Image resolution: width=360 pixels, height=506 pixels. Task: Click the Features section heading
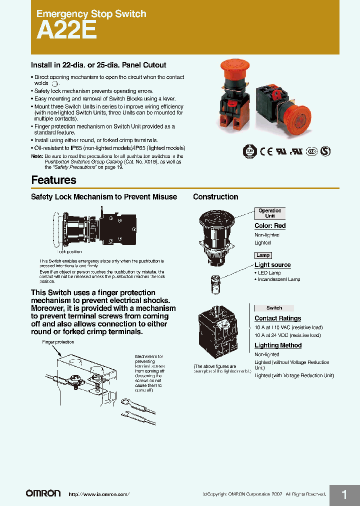coord(53,180)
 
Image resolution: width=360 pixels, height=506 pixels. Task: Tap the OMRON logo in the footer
coord(43,493)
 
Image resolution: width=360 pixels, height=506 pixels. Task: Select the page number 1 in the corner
coord(344,495)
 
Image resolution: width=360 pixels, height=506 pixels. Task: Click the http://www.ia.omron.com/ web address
coord(98,494)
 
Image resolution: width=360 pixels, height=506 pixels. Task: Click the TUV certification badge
coord(248,151)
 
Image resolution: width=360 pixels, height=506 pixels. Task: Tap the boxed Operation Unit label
coord(270,213)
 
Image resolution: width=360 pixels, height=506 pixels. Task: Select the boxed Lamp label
coord(263,255)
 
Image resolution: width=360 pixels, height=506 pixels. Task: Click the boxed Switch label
coord(274,308)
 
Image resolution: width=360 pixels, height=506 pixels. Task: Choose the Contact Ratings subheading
coord(277,318)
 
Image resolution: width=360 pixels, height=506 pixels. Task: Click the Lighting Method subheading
coord(278,345)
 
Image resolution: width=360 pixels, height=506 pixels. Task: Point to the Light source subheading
coord(272,265)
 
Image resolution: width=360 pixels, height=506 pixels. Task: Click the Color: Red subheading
coord(270,226)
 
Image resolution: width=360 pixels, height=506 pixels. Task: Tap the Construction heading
coord(215,197)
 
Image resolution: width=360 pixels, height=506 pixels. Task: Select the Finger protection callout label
coord(58,342)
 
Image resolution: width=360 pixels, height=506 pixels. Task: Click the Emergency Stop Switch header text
coord(91,14)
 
